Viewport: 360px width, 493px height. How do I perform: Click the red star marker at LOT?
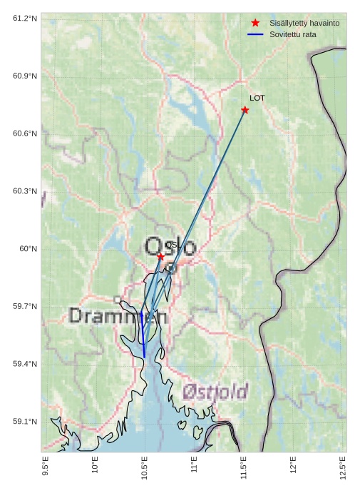click(x=245, y=110)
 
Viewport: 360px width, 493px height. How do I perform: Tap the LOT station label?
click(x=257, y=98)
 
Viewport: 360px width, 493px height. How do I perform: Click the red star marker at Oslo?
click(x=161, y=256)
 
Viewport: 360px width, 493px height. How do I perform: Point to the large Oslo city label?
click(x=170, y=247)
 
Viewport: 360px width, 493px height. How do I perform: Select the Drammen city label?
click(x=118, y=316)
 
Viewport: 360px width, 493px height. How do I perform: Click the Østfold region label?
click(x=215, y=391)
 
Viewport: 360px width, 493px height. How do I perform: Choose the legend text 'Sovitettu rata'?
click(x=293, y=34)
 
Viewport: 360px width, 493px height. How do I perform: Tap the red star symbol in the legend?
click(x=255, y=23)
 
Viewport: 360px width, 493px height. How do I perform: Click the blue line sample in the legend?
click(x=255, y=34)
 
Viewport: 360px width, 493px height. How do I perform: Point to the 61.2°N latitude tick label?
click(x=25, y=18)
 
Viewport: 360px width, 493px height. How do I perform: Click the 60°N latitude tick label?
click(x=29, y=249)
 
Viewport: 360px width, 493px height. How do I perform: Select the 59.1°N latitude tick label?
click(x=25, y=422)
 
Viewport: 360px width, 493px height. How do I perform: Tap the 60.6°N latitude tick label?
click(x=25, y=133)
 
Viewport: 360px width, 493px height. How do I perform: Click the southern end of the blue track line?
click(x=145, y=357)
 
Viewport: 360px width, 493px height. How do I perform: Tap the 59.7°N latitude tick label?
click(x=25, y=307)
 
